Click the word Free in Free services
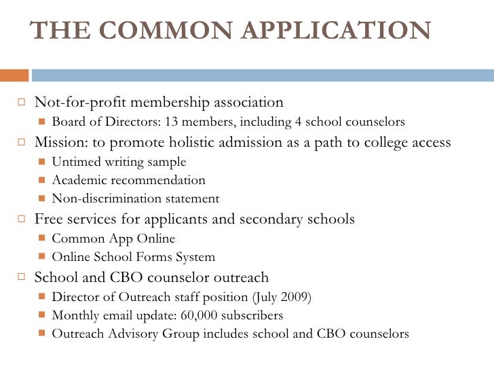(47, 219)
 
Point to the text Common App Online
(113, 239)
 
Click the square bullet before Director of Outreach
(42, 298)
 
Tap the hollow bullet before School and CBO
(21, 278)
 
